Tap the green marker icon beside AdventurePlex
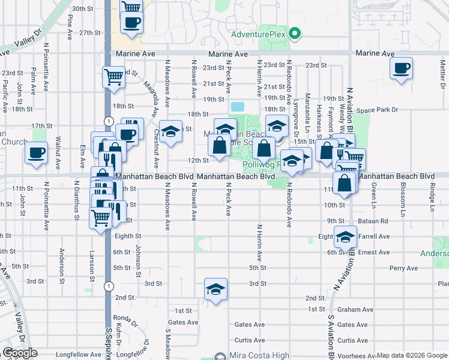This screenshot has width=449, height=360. [295, 34]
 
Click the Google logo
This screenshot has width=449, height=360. [20, 353]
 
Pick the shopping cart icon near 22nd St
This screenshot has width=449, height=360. [113, 77]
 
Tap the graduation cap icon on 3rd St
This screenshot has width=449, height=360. [215, 289]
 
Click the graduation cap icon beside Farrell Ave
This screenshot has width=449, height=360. [345, 238]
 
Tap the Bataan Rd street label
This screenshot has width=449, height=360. [375, 221]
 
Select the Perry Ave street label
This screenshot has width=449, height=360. [403, 268]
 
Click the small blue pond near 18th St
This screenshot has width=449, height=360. [237, 106]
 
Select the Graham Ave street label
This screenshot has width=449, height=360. [355, 310]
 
